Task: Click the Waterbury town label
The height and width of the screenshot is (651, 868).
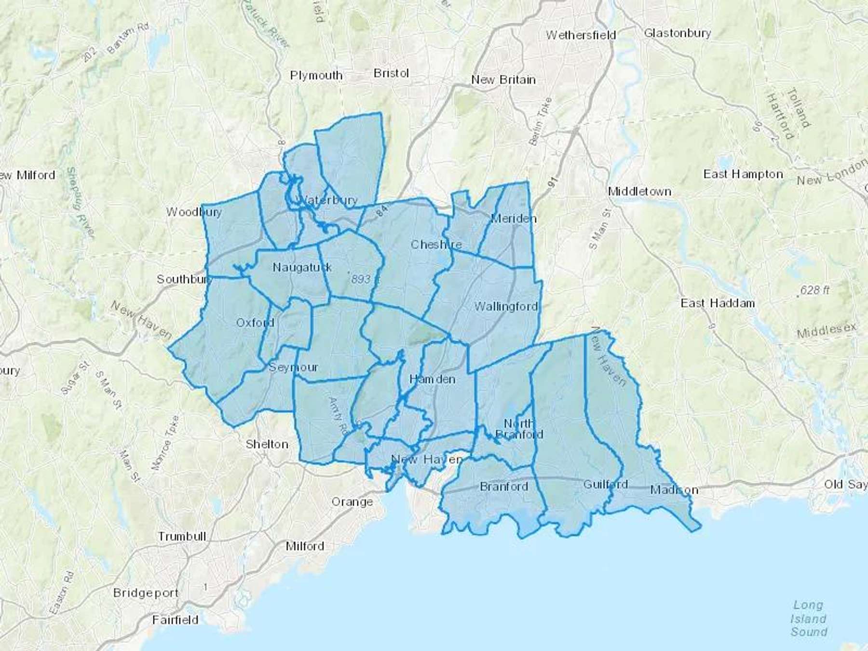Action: point(328,200)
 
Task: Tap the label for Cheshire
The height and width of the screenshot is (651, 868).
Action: point(436,244)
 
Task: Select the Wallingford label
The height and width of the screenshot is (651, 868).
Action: point(506,306)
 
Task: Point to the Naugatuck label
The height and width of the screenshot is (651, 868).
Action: point(302,267)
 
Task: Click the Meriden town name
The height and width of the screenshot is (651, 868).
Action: point(514,218)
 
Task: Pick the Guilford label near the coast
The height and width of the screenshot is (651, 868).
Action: point(605,484)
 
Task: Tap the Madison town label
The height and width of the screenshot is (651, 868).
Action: point(674,490)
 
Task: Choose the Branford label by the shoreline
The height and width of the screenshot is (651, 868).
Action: point(504,486)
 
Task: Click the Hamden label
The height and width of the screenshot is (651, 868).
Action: point(432,379)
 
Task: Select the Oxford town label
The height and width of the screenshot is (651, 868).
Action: point(255,323)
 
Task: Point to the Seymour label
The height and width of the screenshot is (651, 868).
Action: point(293,367)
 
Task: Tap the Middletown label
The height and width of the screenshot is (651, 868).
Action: point(639,191)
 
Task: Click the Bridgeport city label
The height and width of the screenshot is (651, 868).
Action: point(146,593)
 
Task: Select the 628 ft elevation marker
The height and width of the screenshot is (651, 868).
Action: point(814,290)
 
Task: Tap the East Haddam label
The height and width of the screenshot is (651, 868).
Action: point(718,303)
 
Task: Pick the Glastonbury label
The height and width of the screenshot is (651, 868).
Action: point(677,33)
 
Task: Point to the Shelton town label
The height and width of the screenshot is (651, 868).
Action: point(267,444)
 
